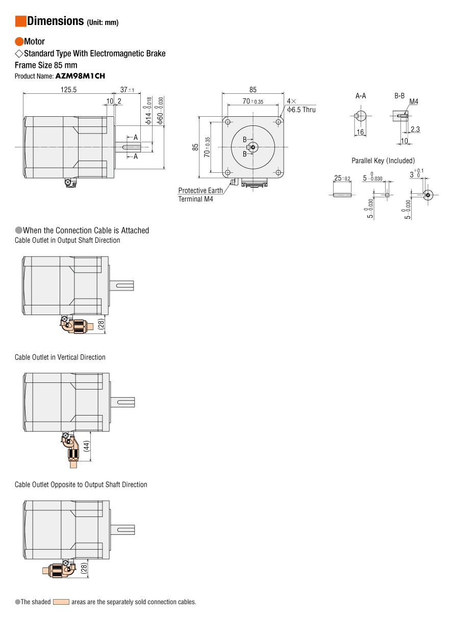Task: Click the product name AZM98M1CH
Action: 80,76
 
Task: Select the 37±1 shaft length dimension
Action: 127,89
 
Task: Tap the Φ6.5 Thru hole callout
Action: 301,110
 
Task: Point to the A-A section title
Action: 361,96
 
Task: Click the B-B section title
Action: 399,96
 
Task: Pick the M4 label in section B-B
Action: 413,102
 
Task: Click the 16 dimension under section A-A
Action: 360,132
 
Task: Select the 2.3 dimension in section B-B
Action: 415,130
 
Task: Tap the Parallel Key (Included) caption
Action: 383,161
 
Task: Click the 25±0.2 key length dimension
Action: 342,178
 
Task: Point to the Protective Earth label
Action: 200,191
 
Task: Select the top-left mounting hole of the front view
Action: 228,122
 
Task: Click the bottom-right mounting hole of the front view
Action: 279,173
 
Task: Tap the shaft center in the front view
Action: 253,147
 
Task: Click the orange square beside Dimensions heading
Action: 20,21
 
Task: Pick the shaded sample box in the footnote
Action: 61,602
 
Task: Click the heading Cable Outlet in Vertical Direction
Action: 60,357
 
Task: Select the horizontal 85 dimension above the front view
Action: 253,89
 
